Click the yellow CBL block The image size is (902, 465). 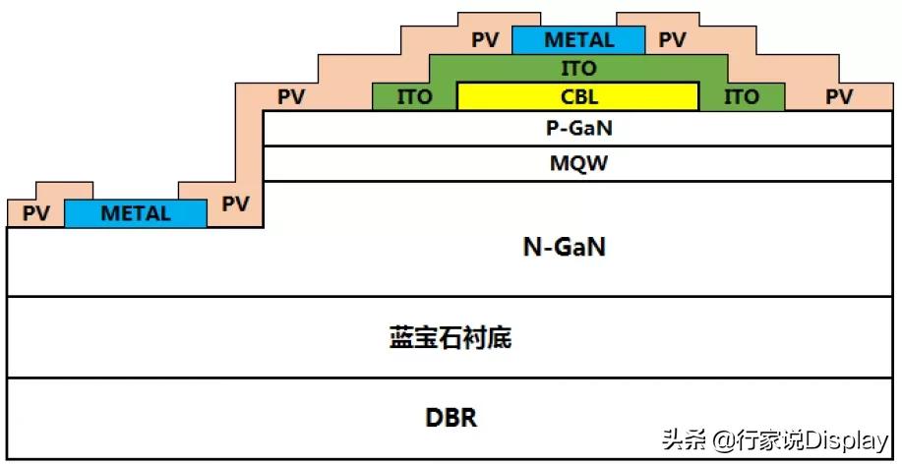pos(577,96)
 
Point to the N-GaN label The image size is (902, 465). pos(563,248)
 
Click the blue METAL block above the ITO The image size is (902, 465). pos(578,40)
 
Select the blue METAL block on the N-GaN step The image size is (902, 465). pos(136,213)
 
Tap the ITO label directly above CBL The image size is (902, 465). pos(578,69)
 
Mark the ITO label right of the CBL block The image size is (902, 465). pos(742,96)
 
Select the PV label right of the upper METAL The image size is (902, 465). pos(672,40)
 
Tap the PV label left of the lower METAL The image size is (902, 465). pos(36,213)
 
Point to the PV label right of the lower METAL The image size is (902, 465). pos(235,203)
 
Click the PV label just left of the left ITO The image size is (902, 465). pos(291,96)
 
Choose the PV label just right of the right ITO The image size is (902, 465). pos(838,96)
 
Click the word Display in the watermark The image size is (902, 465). pos(847,439)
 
